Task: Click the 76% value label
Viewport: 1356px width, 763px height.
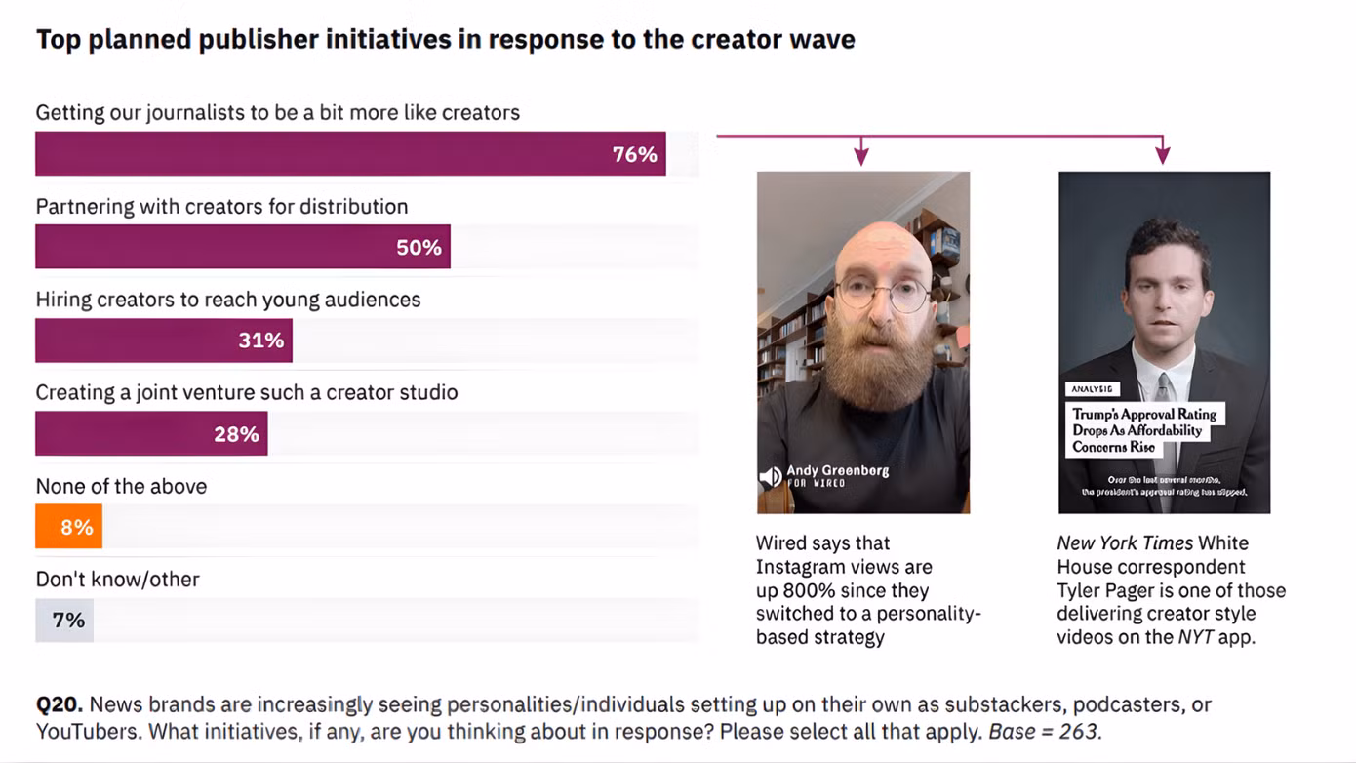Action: [634, 155]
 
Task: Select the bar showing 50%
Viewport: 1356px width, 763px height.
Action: [242, 247]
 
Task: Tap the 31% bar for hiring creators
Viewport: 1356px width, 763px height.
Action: [163, 341]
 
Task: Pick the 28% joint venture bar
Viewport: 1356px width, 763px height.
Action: [151, 434]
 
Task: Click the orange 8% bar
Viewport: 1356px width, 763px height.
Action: [68, 528]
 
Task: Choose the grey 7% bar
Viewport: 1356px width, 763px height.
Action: [64, 621]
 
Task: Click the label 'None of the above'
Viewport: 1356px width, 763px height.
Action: [121, 486]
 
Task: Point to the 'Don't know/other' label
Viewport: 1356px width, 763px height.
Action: [117, 579]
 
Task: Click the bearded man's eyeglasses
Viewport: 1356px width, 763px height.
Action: [882, 293]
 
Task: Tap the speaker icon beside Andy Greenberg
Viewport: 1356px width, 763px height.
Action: [770, 476]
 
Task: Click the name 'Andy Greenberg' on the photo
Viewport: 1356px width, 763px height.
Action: [837, 470]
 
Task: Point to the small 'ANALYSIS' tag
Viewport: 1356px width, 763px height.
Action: [1092, 388]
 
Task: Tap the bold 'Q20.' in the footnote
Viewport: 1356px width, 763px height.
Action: [59, 704]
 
